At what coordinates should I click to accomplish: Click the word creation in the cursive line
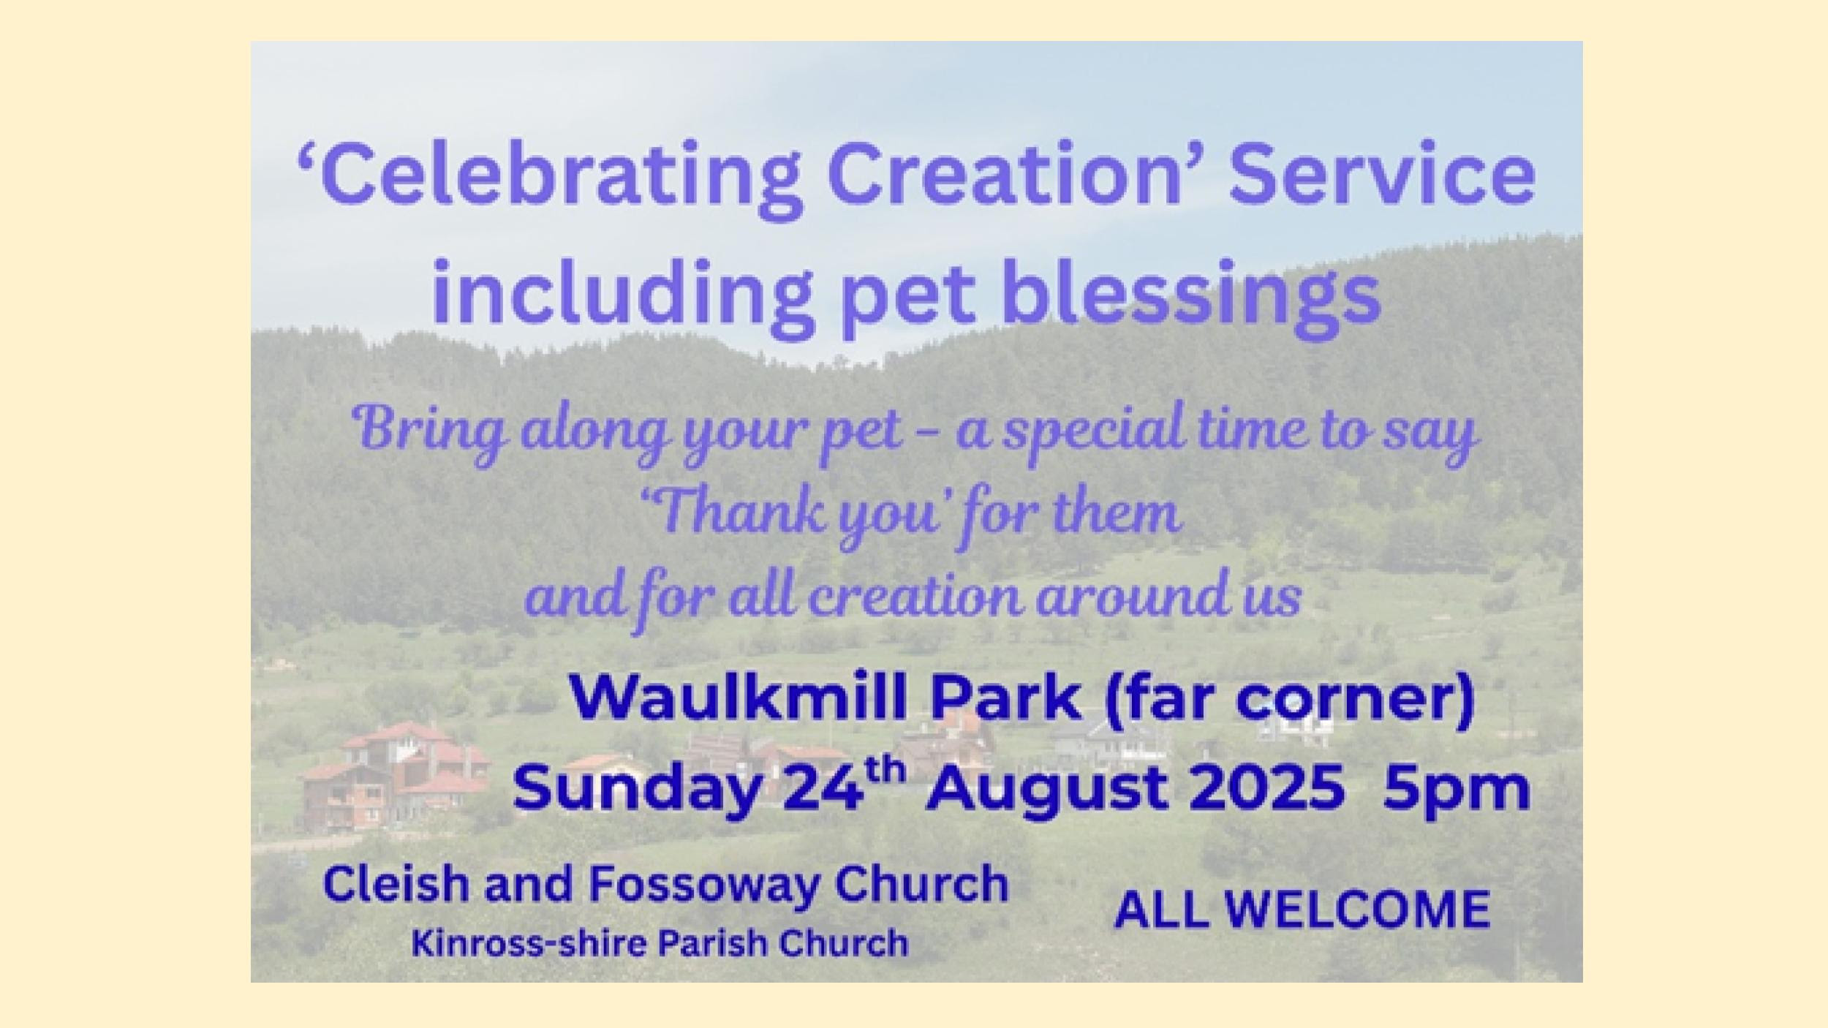914,597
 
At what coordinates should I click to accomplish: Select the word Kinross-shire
529,943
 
